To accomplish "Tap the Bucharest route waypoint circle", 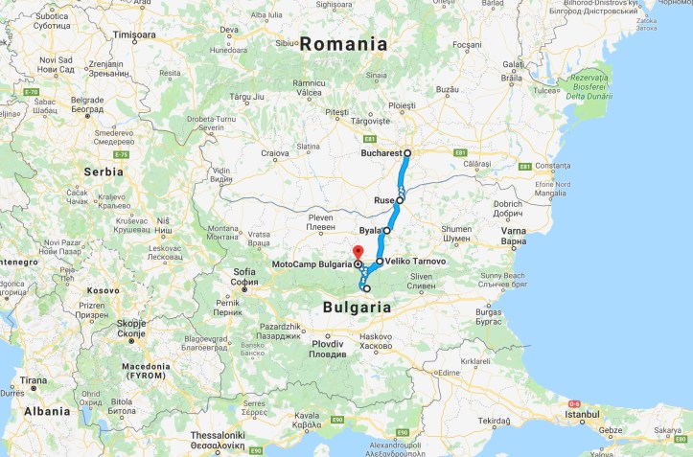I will point(407,152).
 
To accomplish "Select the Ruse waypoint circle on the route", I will point(400,200).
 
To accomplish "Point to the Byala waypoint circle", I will point(387,231).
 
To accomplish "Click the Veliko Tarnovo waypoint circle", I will point(380,261).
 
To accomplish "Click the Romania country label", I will point(343,44).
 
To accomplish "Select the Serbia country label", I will point(103,171).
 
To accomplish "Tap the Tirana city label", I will point(34,379).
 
